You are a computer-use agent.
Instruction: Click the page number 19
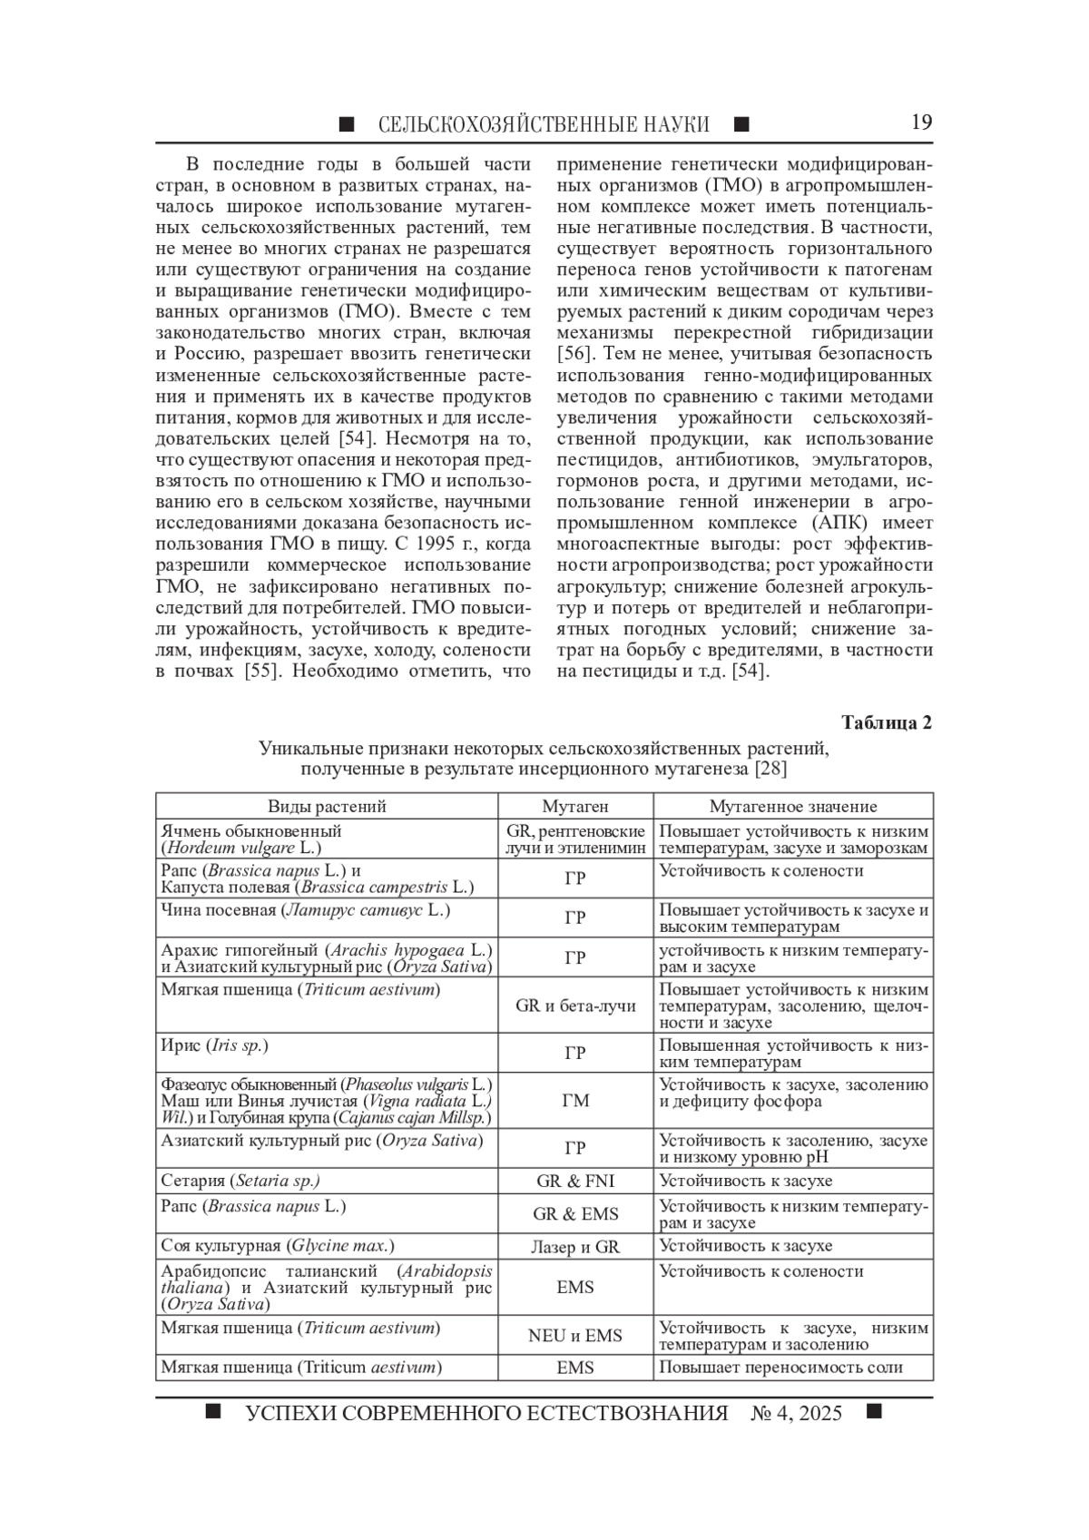coord(921,123)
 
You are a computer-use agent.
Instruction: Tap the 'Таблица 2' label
coord(886,722)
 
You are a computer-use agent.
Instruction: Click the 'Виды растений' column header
coord(327,806)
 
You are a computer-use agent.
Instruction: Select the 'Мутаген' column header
coord(575,806)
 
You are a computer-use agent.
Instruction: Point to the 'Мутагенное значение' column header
coord(792,806)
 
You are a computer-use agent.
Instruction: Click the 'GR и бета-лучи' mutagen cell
coord(575,1005)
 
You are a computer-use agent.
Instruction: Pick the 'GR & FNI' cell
coord(575,1181)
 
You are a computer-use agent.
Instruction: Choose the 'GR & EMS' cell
coord(575,1214)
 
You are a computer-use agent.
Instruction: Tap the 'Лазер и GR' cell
coord(575,1247)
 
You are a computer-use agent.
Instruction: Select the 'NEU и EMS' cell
coord(575,1336)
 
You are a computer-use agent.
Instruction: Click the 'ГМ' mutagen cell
coord(575,1101)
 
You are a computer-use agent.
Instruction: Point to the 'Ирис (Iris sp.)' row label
coord(214,1045)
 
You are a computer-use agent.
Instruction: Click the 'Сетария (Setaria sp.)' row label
coord(240,1181)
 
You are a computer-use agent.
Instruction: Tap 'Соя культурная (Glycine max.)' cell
coord(277,1246)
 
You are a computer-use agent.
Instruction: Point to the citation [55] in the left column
coord(261,672)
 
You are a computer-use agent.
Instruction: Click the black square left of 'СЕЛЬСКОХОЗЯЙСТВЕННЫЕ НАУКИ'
coord(347,124)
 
